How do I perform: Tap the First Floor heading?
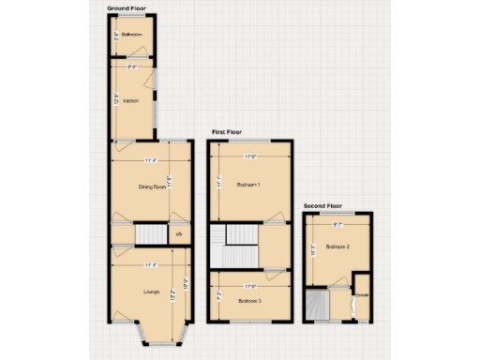(229, 133)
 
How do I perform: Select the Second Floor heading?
(322, 205)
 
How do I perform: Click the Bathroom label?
(131, 37)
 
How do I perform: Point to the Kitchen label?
(130, 100)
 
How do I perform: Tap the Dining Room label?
(153, 187)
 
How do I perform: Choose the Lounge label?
(151, 293)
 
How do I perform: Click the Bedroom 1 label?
(247, 184)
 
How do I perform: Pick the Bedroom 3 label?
(248, 301)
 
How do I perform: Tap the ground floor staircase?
(149, 233)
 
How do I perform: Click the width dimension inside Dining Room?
(151, 161)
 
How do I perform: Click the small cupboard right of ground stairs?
(178, 233)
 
